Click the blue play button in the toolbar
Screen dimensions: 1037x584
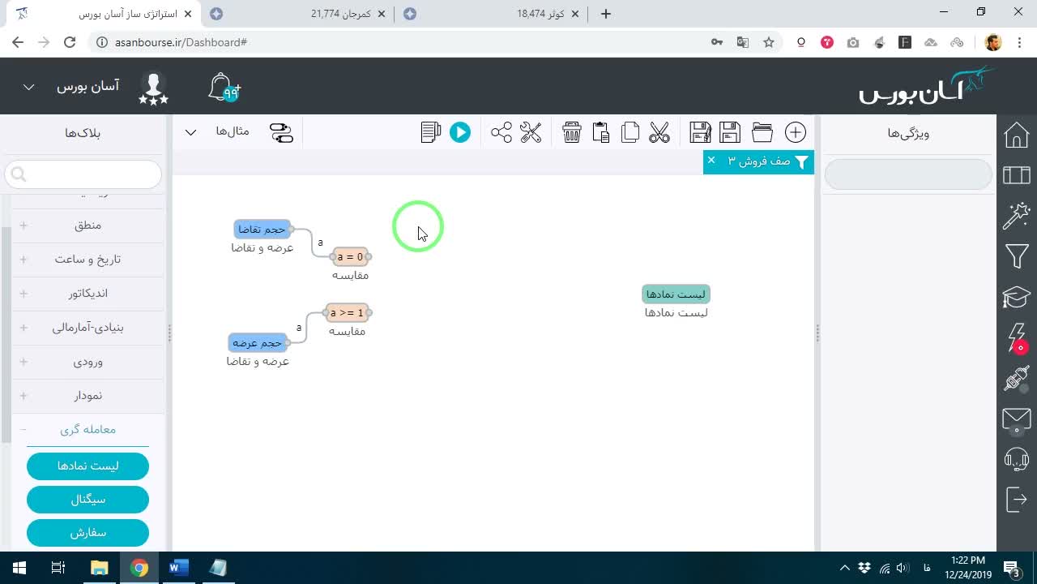click(459, 132)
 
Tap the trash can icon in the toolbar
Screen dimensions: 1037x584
click(572, 132)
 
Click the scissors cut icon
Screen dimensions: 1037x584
click(659, 132)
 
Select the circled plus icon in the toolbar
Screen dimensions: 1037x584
click(796, 132)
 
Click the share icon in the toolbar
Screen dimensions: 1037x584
click(501, 132)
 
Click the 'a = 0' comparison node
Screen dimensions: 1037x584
click(351, 257)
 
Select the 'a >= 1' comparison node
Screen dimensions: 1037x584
click(348, 313)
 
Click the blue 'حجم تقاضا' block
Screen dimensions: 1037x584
click(262, 230)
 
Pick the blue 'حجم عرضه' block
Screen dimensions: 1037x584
click(258, 343)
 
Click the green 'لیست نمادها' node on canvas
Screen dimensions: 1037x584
click(676, 294)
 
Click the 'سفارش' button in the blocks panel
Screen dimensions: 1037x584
click(88, 533)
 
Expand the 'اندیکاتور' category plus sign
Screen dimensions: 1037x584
click(23, 294)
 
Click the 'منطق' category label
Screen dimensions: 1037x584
click(88, 225)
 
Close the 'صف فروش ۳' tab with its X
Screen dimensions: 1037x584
click(711, 161)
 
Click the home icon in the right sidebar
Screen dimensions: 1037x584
click(1017, 135)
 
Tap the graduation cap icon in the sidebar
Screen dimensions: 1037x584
click(1017, 297)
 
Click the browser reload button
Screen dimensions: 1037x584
click(70, 42)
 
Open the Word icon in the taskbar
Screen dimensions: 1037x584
click(179, 568)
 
